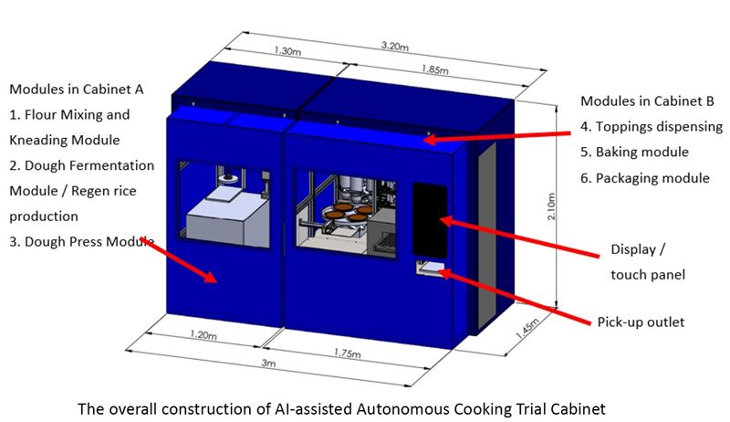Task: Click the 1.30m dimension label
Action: pos(287,52)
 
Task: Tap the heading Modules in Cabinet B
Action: pos(644,100)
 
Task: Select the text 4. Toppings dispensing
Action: pos(652,126)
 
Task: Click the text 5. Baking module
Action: pos(634,152)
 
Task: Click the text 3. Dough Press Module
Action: pos(81,242)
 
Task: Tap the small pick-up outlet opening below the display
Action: pos(427,268)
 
